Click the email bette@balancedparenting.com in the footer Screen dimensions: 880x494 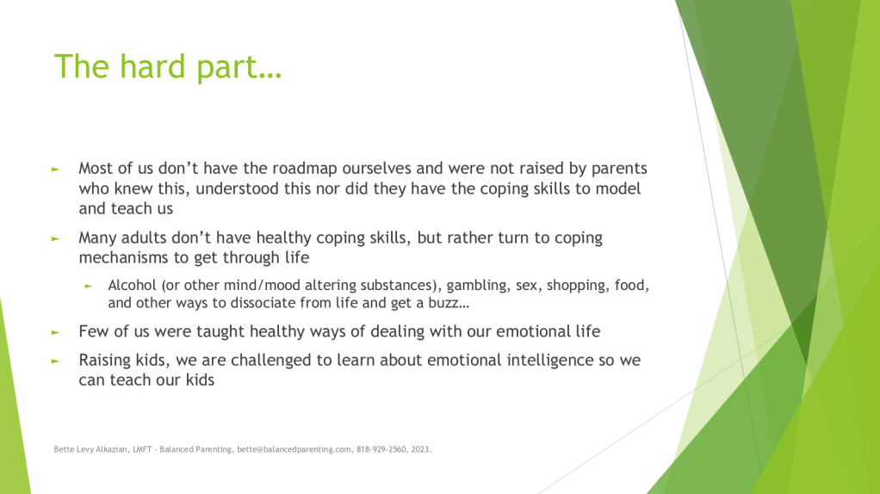tap(294, 449)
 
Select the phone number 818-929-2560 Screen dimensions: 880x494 tap(381, 449)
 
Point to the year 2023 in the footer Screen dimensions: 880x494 tap(419, 449)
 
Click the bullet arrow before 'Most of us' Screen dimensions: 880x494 tap(55, 169)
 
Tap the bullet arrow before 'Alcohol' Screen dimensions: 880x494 tap(88, 286)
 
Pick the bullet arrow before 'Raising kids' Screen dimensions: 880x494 tap(55, 361)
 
